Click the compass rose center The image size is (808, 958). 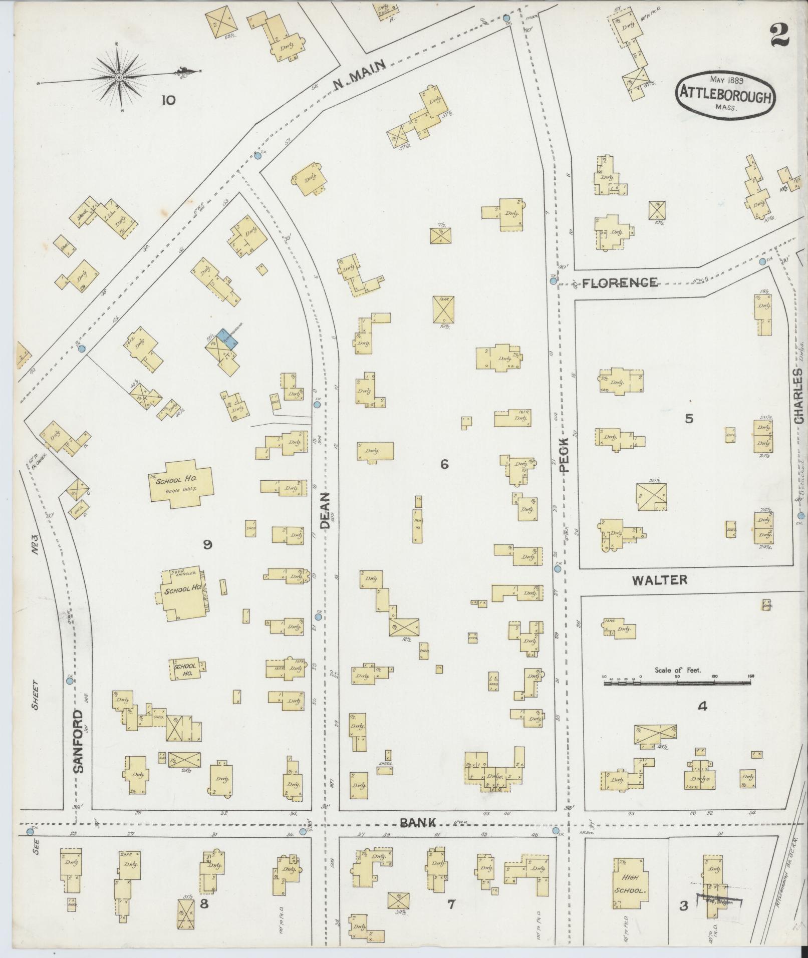point(119,78)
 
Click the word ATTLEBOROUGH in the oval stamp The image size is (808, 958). point(724,97)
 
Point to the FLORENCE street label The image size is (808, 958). point(620,282)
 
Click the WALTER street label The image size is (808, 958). point(659,580)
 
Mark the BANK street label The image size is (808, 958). point(418,822)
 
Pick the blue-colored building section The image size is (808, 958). point(228,336)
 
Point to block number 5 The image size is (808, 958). point(689,419)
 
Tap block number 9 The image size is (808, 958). point(206,545)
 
